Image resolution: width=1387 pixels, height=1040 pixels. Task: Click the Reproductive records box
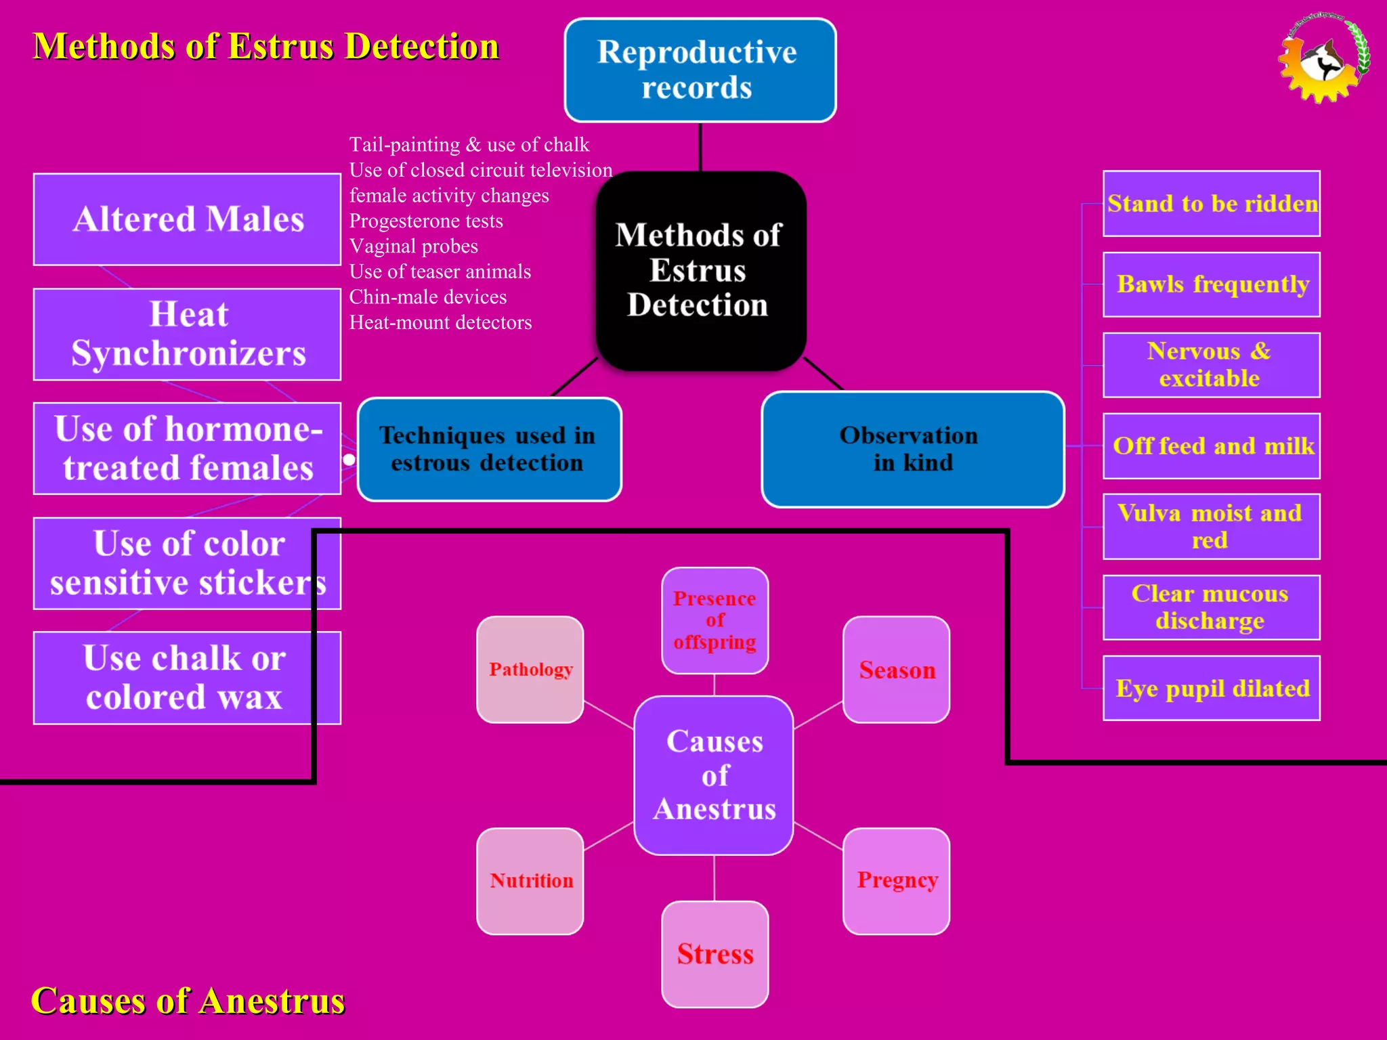point(700,70)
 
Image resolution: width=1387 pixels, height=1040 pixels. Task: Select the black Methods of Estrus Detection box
point(700,271)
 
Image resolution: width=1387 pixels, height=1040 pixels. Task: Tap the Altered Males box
point(187,219)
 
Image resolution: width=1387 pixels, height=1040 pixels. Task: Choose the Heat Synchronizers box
point(187,334)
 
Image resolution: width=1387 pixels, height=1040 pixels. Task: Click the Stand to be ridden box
point(1211,204)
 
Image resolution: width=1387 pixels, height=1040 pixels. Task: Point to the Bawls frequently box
point(1211,284)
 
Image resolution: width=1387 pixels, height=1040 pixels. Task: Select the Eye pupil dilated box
point(1211,688)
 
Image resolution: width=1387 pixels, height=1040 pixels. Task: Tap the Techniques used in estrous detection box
point(489,450)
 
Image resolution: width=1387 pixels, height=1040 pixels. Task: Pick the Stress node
point(714,954)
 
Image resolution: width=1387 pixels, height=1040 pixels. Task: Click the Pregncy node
point(896,881)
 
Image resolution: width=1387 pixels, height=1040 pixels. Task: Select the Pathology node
point(530,670)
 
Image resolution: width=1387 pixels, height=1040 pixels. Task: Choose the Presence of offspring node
point(714,620)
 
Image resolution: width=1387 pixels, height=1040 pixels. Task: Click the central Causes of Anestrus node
point(714,775)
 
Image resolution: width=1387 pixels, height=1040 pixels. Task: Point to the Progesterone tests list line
point(426,221)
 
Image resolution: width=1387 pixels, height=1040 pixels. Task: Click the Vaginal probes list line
point(413,246)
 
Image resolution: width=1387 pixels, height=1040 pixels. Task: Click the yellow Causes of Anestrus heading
point(188,1001)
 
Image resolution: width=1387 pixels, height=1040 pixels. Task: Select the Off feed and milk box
point(1211,446)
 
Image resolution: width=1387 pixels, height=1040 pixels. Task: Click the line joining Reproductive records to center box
point(700,147)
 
